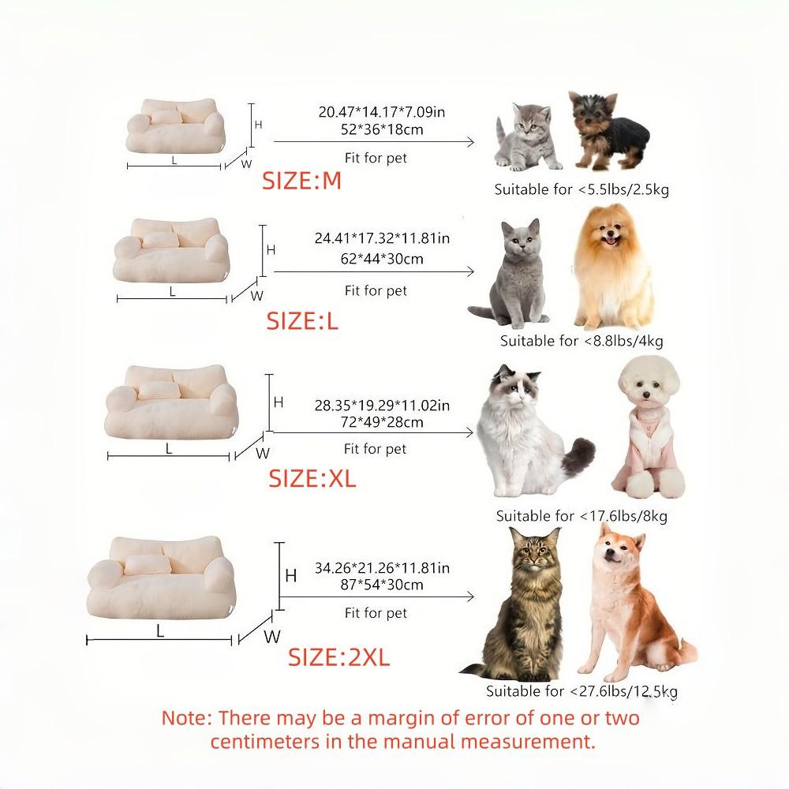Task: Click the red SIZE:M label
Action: tap(301, 181)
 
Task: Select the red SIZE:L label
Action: tap(302, 321)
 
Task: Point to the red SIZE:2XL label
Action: tap(338, 657)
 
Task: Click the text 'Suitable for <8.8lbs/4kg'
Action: tap(581, 341)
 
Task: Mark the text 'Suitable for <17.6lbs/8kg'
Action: tap(581, 516)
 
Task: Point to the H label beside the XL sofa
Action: tap(278, 402)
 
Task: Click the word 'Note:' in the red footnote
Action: tap(187, 719)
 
